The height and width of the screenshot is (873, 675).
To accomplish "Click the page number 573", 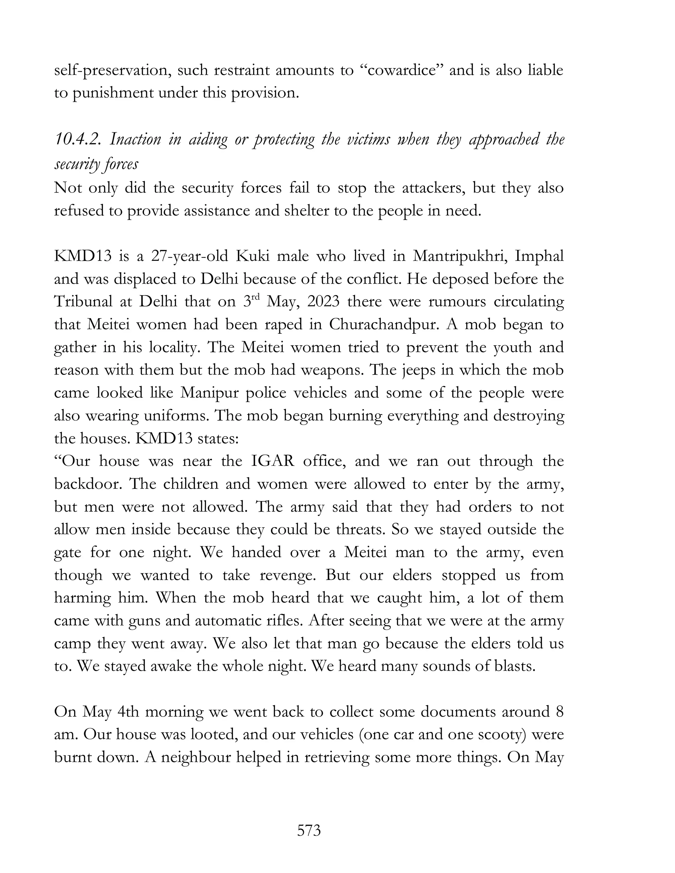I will click(309, 830).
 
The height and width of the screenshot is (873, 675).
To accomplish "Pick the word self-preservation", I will click(111, 70).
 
